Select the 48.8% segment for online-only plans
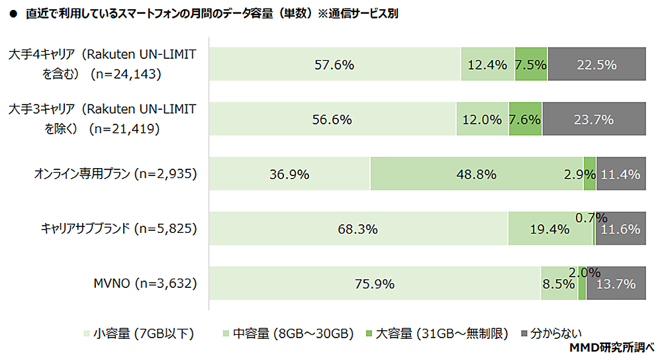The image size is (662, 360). (x=477, y=175)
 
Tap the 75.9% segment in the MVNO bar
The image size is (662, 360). (x=375, y=284)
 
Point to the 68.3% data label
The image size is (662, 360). (x=359, y=230)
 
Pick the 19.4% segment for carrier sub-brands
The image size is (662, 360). (x=550, y=230)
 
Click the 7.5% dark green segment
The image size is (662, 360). (x=531, y=65)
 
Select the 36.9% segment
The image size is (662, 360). (x=290, y=175)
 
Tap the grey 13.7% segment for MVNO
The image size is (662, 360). (x=616, y=284)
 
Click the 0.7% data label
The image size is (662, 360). (x=592, y=217)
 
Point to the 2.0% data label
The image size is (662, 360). (x=584, y=272)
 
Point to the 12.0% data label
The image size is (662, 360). (x=482, y=120)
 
